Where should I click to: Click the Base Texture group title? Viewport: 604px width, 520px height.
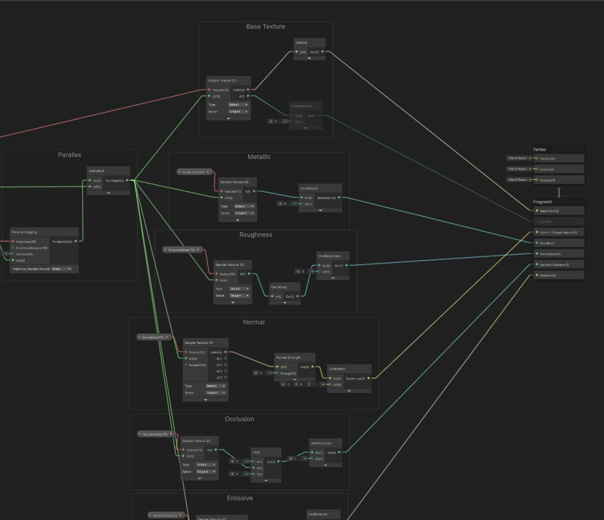[265, 27]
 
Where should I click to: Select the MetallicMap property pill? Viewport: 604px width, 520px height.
[193, 172]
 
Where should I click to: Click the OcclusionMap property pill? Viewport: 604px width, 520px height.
[155, 434]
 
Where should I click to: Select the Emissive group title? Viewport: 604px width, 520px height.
[239, 498]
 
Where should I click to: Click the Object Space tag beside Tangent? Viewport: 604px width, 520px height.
[517, 180]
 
